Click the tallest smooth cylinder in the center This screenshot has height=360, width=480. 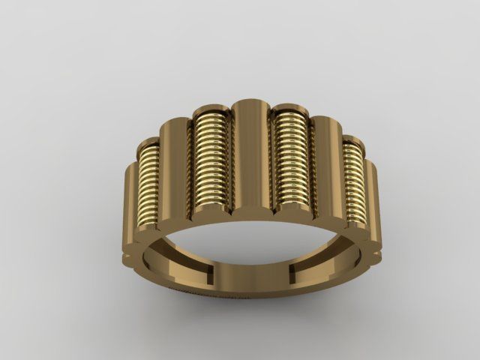point(250,157)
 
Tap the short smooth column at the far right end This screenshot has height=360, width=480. point(372,202)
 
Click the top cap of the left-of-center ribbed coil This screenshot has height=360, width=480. point(209,112)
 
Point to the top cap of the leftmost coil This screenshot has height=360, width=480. point(150,145)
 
